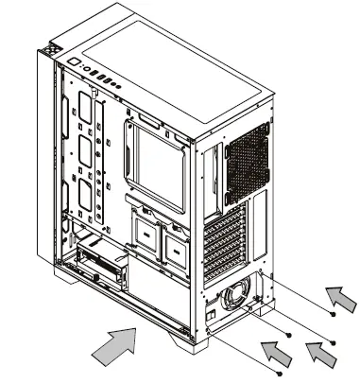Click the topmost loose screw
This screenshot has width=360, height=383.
pos(332,313)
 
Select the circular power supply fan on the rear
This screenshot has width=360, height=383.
pos(240,291)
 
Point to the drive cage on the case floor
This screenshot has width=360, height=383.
pos(101,264)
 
